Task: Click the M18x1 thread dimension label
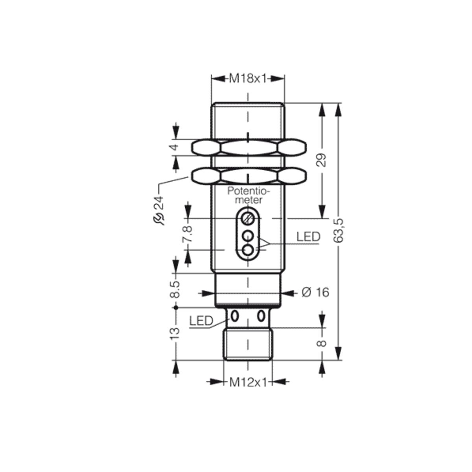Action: [247, 79]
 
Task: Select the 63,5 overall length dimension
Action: [339, 231]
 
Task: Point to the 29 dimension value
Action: [323, 160]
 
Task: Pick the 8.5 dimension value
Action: [175, 289]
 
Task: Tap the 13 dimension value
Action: [175, 334]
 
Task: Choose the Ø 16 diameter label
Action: [315, 293]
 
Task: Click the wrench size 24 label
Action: [159, 203]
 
